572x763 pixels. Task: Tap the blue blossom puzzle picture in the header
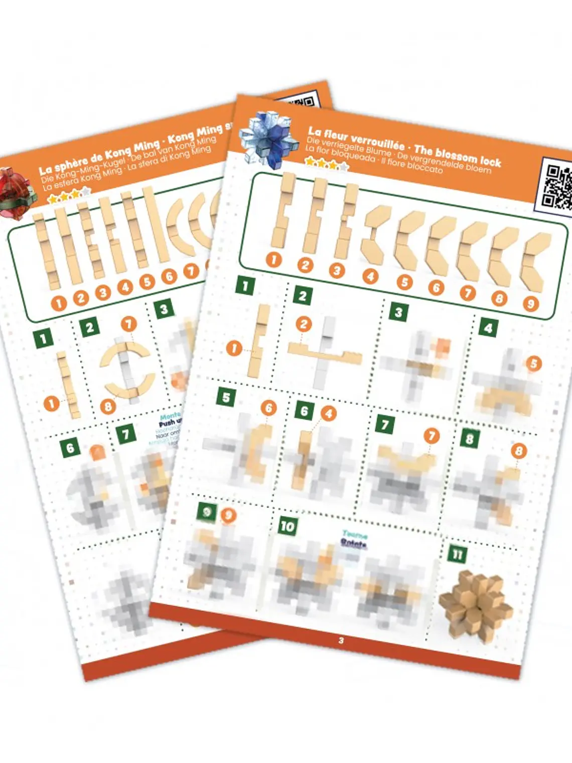266,139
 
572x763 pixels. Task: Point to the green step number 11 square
457,554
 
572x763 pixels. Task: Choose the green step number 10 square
288,526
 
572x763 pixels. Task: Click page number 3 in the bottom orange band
341,641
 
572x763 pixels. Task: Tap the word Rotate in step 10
354,543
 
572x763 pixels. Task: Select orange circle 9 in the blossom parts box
530,303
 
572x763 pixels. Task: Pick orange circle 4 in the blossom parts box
370,276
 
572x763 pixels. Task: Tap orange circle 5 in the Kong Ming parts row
147,281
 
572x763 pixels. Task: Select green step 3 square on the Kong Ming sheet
164,309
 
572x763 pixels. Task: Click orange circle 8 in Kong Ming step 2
107,406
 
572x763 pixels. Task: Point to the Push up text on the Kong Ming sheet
171,423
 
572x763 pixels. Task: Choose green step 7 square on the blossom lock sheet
384,425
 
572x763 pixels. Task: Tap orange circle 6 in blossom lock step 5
268,408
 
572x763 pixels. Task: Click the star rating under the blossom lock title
326,163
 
